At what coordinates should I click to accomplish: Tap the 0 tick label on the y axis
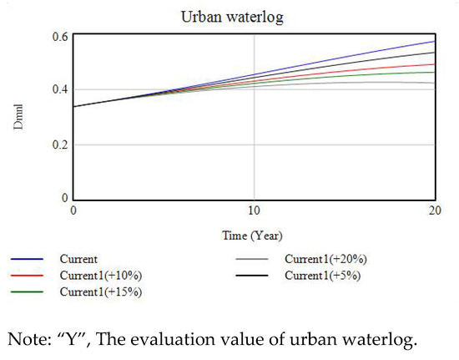pos(63,199)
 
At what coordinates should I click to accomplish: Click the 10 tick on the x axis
pos(254,214)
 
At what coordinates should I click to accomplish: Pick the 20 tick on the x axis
pos(434,214)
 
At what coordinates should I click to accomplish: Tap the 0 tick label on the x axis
pos(73,214)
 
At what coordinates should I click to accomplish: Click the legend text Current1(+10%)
pos(100,276)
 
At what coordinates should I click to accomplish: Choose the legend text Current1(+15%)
pos(100,292)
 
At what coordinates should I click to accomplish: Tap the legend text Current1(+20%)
pos(325,260)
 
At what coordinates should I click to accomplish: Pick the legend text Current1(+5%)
pos(322,276)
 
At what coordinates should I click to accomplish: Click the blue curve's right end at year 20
pos(434,41)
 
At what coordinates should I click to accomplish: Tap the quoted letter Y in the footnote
pos(66,339)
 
